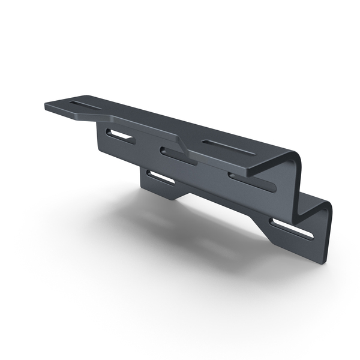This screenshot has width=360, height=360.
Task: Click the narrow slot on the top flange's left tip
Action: (86, 106)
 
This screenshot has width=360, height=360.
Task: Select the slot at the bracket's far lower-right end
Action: (292, 230)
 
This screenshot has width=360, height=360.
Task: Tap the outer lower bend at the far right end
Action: (327, 207)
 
